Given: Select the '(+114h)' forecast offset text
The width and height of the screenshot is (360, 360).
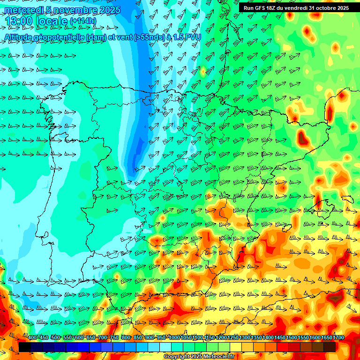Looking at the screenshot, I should (x=82, y=21).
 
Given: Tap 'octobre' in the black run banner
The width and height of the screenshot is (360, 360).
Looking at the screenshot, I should (x=324, y=8).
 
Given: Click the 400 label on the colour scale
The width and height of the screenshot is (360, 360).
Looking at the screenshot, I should (x=32, y=337).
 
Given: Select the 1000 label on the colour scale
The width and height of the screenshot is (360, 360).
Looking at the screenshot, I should (x=174, y=337).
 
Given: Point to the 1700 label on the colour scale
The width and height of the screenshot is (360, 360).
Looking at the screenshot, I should (x=338, y=337).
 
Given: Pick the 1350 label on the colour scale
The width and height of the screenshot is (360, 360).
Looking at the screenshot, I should (x=256, y=337).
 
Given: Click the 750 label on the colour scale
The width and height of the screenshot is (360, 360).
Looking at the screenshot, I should (x=114, y=337).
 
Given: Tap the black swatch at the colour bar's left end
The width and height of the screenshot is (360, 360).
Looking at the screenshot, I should (x=25, y=347).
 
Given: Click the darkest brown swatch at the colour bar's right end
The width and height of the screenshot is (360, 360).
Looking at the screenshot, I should (x=330, y=347).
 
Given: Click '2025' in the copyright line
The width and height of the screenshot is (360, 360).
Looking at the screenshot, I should (x=196, y=357).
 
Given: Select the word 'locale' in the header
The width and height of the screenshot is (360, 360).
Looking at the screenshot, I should (x=51, y=21).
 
